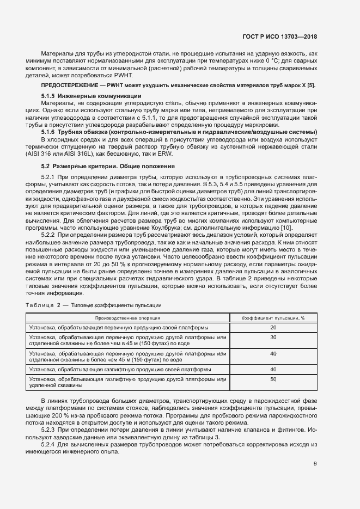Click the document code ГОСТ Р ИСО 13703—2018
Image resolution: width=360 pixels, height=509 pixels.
[279, 37]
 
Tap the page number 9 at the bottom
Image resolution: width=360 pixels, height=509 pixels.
[315, 464]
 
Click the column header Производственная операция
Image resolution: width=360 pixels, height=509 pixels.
[127, 318]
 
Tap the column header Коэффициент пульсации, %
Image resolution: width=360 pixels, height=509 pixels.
[273, 318]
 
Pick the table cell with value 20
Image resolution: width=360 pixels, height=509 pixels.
[273, 327]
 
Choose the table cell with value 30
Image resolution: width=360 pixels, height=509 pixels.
[273, 338]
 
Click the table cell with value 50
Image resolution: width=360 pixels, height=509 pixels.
[273, 379]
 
